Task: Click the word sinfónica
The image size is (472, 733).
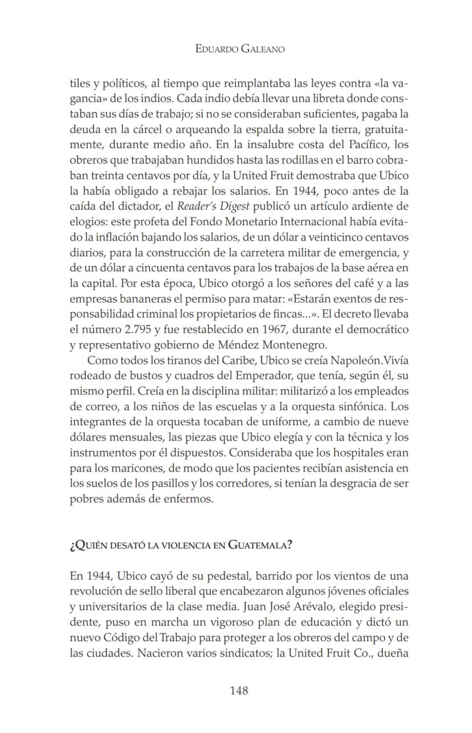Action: coord(355,407)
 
